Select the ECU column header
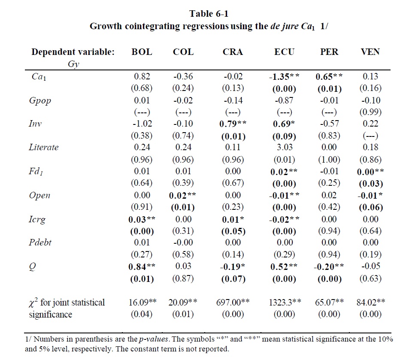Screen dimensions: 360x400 click(284, 52)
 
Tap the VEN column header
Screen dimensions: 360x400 click(370, 52)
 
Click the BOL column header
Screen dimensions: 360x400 click(142, 52)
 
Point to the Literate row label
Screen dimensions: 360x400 click(43, 147)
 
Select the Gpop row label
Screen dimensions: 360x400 click(39, 100)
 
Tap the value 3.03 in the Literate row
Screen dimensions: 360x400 click(284, 147)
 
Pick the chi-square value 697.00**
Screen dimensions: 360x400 click(233, 302)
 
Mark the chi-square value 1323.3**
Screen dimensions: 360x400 click(284, 302)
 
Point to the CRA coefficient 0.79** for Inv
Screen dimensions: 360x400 click(233, 124)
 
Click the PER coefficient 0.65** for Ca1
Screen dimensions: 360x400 click(329, 77)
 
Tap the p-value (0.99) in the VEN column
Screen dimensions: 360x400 click(370, 112)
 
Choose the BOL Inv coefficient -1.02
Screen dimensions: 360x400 click(141, 124)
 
